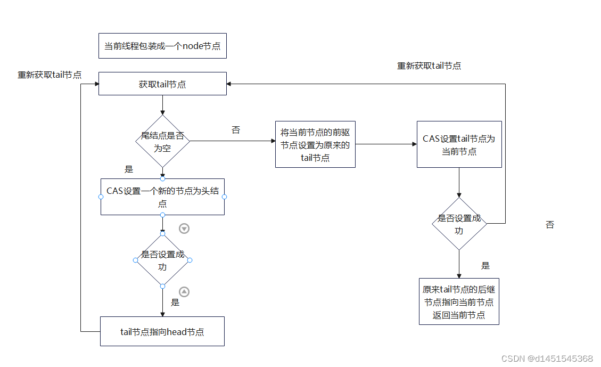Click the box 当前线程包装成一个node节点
click(162, 46)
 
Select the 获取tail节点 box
click(162, 84)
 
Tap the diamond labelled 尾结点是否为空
click(162, 142)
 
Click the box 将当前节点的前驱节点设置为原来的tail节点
click(315, 144)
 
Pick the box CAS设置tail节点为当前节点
click(459, 145)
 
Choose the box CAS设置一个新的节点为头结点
click(162, 197)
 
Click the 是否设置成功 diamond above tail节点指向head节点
click(162, 260)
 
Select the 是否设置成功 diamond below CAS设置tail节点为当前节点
click(459, 224)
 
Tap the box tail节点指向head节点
click(162, 332)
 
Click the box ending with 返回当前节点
click(459, 302)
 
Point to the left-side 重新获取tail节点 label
click(50, 75)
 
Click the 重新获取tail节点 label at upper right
click(429, 66)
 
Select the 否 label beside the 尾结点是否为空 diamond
click(236, 130)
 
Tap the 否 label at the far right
click(550, 225)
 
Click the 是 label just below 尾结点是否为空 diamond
click(129, 169)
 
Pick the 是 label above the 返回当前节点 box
click(485, 265)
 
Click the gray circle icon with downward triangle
click(184, 229)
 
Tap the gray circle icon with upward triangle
click(184, 291)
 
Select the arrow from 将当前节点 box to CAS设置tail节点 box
click(386, 144)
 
